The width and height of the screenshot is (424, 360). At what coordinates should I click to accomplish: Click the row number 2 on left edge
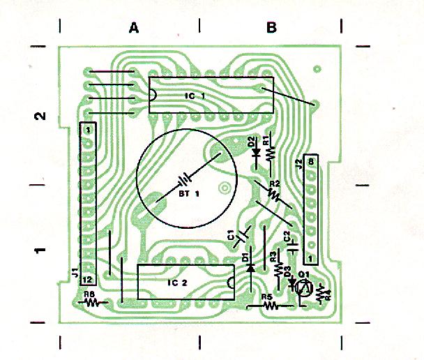click(41, 116)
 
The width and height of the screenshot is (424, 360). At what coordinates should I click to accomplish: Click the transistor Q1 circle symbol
click(303, 287)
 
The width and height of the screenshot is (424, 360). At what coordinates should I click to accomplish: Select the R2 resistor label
click(274, 183)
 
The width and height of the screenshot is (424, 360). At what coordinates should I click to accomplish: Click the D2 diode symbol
click(256, 151)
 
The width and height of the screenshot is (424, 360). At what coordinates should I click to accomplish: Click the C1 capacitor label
click(231, 236)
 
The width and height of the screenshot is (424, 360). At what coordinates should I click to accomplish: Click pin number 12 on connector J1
click(88, 279)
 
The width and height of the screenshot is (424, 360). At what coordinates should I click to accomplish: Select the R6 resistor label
click(89, 294)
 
